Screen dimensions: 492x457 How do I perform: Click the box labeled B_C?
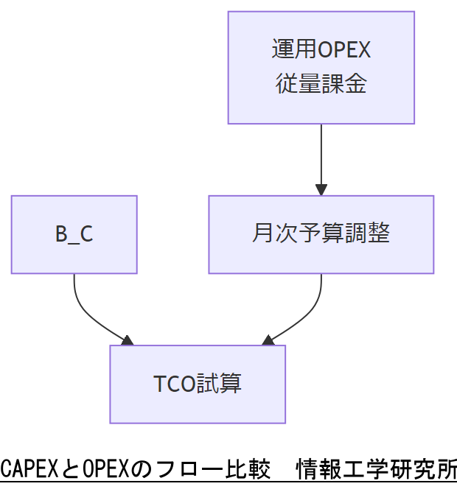pyautogui.click(x=74, y=234)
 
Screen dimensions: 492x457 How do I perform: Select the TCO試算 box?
pyautogui.click(x=198, y=384)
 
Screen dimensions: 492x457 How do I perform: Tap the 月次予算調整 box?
pyautogui.click(x=321, y=234)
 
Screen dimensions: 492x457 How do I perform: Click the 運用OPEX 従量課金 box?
pyautogui.click(x=321, y=67)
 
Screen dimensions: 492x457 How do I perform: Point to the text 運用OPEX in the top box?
pyautogui.click(x=321, y=50)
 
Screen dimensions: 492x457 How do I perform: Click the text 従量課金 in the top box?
pyautogui.click(x=321, y=84)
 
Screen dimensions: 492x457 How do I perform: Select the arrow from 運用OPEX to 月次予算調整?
pyautogui.click(x=321, y=155)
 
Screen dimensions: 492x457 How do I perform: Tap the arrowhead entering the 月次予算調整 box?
pyautogui.click(x=321, y=189)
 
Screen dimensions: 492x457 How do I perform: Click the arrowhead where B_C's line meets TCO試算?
pyautogui.click(x=127, y=340)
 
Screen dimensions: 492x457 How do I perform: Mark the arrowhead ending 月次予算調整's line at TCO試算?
pyautogui.click(x=268, y=340)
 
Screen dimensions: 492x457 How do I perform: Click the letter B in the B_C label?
pyautogui.click(x=61, y=234)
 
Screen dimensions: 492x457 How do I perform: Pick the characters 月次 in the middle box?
pyautogui.click(x=272, y=234)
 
